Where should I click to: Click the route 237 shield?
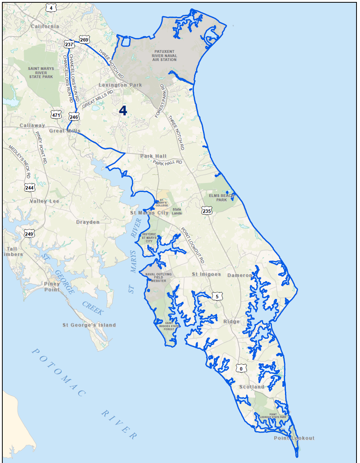[x=69, y=45]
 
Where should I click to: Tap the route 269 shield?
[x=84, y=40]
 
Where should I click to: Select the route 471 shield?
[x=56, y=115]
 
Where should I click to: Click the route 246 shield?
[x=74, y=116]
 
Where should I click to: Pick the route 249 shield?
[x=29, y=234]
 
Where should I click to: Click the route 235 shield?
[x=207, y=211]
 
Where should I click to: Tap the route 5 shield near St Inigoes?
[x=217, y=296]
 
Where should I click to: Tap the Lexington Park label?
[x=120, y=85]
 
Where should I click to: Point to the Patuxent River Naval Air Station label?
[x=164, y=56]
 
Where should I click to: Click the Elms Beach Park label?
[x=220, y=198]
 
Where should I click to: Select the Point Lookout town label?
[x=294, y=438]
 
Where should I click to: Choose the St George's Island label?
[x=89, y=325]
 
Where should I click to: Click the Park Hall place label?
[x=153, y=156]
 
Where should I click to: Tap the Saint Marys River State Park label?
[x=41, y=73]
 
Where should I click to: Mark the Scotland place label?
[x=252, y=387]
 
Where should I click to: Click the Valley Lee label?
[x=44, y=201]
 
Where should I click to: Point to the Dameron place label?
[x=240, y=275]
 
